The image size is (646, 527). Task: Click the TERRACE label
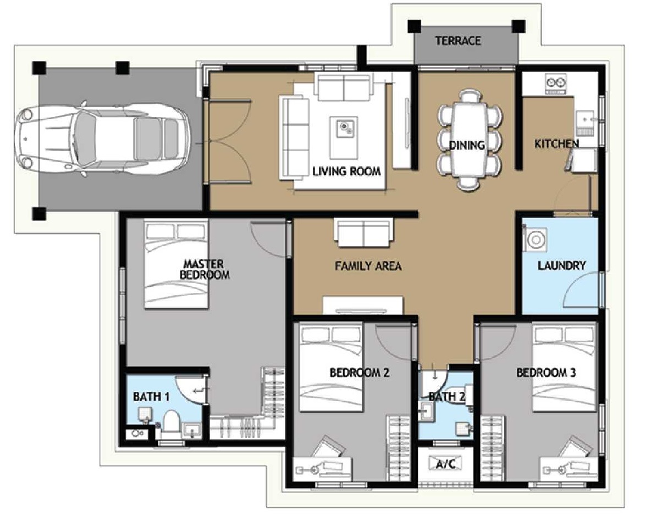(458, 41)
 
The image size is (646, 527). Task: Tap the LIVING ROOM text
(346, 171)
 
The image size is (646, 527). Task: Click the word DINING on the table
(467, 145)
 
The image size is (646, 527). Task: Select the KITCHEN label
(556, 143)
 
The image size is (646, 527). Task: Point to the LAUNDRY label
(561, 265)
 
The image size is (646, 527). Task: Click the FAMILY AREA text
(368, 266)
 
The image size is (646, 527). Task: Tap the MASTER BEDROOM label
(205, 269)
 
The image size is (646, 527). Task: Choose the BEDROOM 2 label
(359, 373)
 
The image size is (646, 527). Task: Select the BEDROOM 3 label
(546, 373)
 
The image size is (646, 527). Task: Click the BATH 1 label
(151, 397)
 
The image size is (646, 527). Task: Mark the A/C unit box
(446, 464)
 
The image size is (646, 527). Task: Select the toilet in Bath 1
(170, 424)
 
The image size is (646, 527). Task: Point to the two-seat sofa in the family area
(364, 232)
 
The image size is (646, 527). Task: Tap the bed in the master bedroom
(176, 264)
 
